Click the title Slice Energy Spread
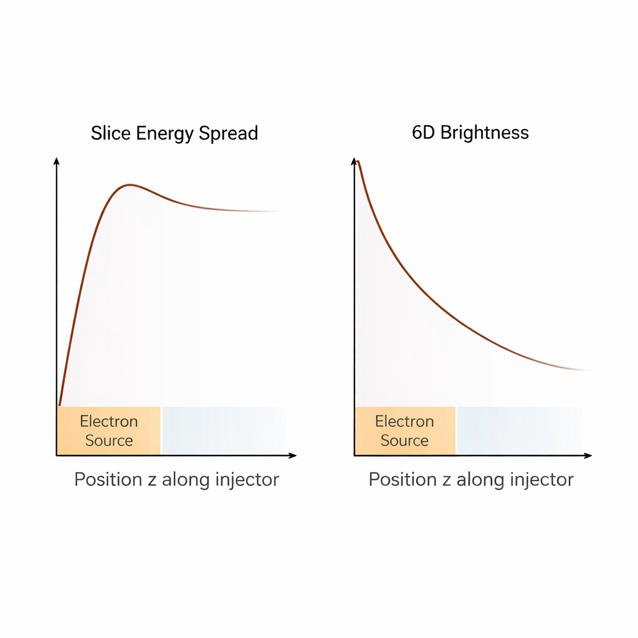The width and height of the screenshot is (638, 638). pyautogui.click(x=174, y=133)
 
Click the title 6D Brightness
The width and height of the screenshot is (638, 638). pyautogui.click(x=470, y=133)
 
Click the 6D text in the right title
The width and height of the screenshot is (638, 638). pyautogui.click(x=424, y=133)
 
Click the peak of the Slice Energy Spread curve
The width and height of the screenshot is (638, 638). pyautogui.click(x=129, y=185)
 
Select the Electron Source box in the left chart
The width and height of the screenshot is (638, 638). pyautogui.click(x=109, y=431)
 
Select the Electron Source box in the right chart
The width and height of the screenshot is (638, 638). pyautogui.click(x=405, y=431)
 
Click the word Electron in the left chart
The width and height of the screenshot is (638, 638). pyautogui.click(x=108, y=422)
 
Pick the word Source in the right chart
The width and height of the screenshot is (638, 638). pyautogui.click(x=404, y=440)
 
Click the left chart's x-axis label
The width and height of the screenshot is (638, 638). pyautogui.click(x=176, y=480)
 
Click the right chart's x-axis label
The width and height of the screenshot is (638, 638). pyautogui.click(x=471, y=480)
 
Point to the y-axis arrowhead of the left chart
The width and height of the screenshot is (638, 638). pyautogui.click(x=57, y=161)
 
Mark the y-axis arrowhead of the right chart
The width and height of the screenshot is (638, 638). pyautogui.click(x=354, y=161)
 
